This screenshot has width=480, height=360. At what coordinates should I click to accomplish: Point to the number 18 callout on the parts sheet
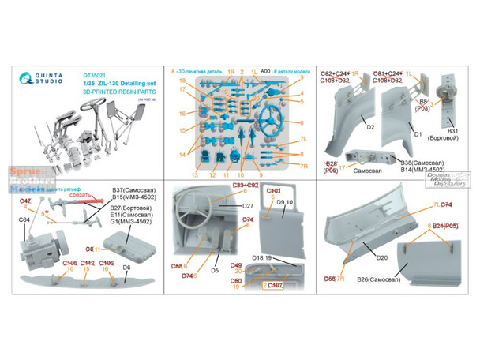point(182,81)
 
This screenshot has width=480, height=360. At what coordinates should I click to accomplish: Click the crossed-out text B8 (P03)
point(424,105)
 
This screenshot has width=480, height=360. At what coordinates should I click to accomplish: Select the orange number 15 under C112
point(88,270)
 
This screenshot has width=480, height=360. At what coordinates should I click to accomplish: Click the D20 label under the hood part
point(382,257)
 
